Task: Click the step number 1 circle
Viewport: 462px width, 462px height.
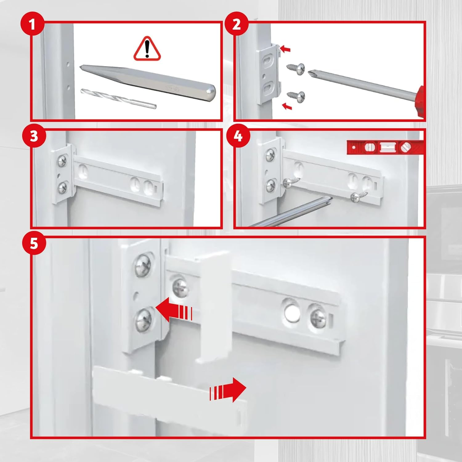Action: pyautogui.click(x=32, y=24)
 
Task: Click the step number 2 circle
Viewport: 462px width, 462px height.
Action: pyautogui.click(x=237, y=24)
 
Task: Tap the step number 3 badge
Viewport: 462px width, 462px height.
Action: pyautogui.click(x=34, y=136)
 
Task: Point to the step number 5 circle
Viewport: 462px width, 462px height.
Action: pyautogui.click(x=34, y=243)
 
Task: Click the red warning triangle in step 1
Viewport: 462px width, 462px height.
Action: pyautogui.click(x=147, y=49)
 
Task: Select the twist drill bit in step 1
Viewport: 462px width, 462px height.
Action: pyautogui.click(x=119, y=98)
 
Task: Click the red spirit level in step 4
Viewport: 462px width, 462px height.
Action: pyautogui.click(x=385, y=147)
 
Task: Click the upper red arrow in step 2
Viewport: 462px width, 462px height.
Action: pyautogui.click(x=286, y=49)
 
